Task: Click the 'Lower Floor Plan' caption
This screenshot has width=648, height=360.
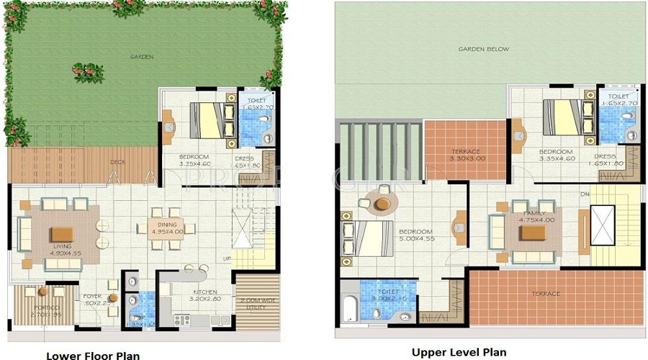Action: click(x=93, y=355)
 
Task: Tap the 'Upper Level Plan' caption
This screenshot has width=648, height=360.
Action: click(x=459, y=352)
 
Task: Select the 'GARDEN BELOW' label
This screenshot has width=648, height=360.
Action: click(x=484, y=50)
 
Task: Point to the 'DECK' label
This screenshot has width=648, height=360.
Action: click(x=117, y=162)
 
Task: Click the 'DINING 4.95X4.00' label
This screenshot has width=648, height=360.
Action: click(x=167, y=228)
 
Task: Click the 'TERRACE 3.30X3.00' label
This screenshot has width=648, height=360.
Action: click(x=464, y=155)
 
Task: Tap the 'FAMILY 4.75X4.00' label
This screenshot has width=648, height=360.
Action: click(x=537, y=216)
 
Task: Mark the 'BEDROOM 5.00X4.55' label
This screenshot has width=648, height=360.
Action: click(x=415, y=235)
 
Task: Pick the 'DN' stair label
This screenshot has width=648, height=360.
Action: click(x=586, y=195)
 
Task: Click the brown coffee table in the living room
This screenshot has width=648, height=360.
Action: click(x=61, y=233)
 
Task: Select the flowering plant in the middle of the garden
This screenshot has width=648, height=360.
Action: click(x=88, y=72)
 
